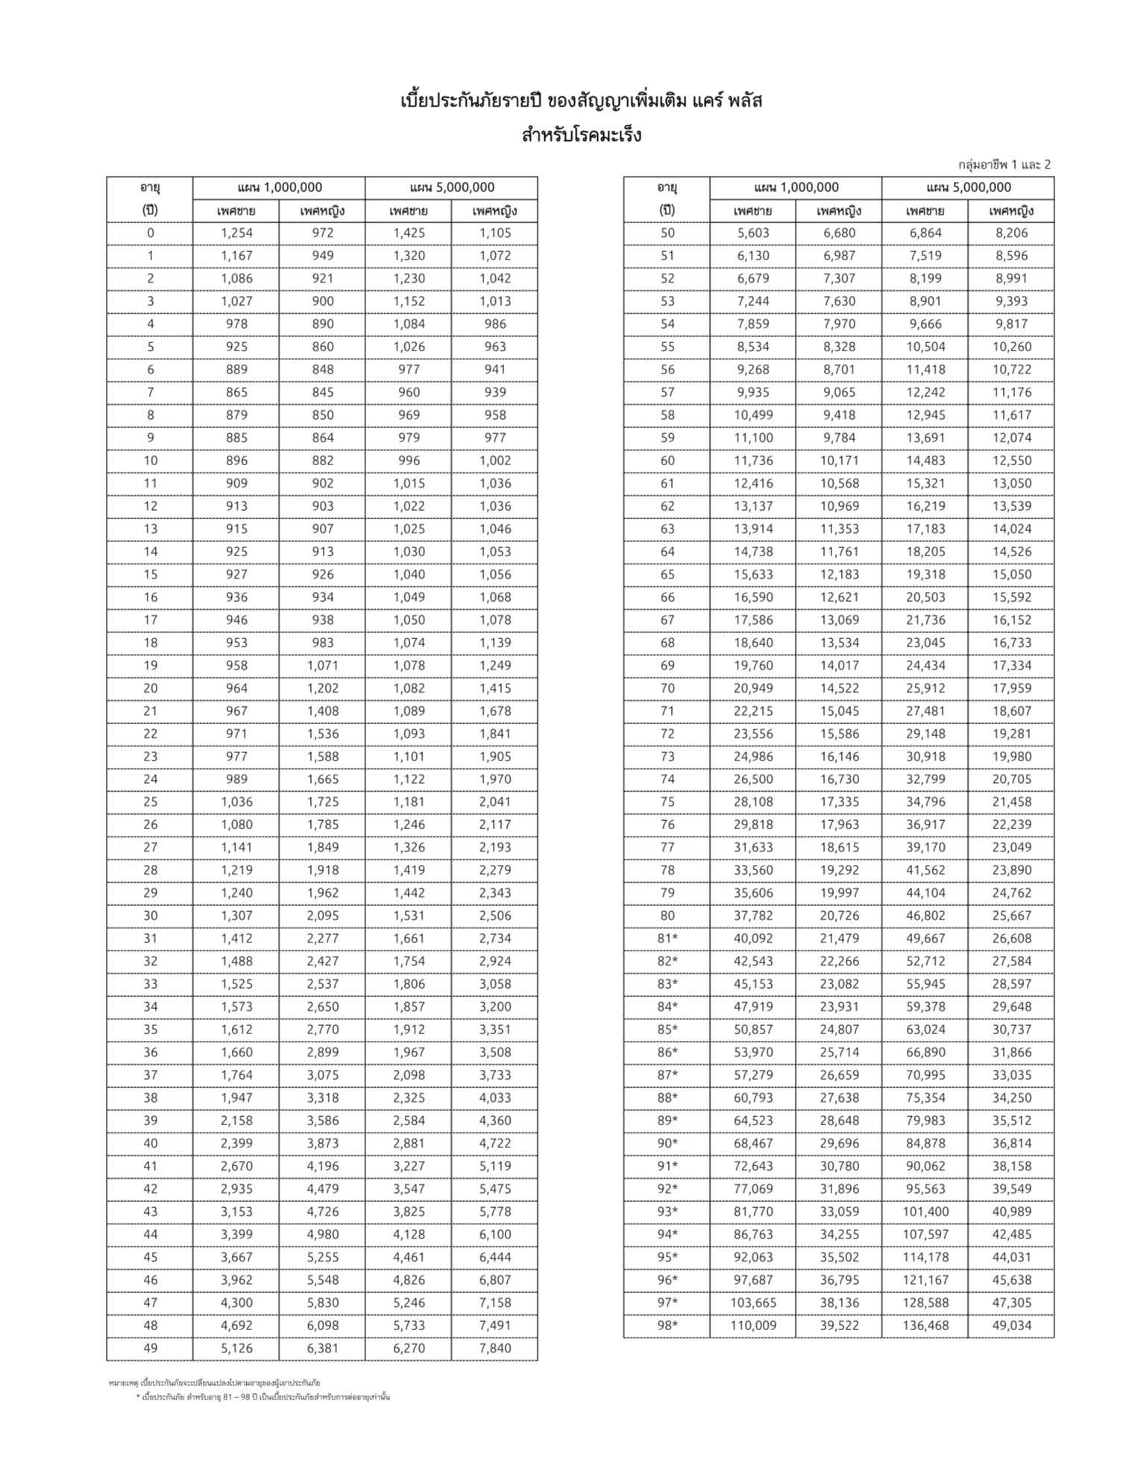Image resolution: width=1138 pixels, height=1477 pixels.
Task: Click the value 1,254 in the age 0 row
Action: point(236,233)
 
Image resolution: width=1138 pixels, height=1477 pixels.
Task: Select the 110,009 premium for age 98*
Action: point(752,1326)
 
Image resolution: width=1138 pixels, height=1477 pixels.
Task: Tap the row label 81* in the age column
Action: point(667,939)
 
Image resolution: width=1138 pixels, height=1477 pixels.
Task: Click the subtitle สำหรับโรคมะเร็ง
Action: point(582,136)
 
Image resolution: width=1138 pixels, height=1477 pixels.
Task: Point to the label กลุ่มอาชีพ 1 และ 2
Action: point(1005,165)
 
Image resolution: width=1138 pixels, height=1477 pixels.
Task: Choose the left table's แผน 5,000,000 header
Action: point(451,188)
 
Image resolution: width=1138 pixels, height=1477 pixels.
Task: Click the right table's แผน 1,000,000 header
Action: point(796,188)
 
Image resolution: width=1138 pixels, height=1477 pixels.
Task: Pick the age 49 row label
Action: point(150,1349)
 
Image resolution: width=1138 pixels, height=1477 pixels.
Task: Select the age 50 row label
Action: point(667,233)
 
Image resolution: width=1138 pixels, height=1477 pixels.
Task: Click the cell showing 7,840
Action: point(494,1349)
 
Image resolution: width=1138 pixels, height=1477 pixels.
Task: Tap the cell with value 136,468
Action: point(925,1326)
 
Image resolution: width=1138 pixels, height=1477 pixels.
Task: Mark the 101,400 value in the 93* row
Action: point(925,1212)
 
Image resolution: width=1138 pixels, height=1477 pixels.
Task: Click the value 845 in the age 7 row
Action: point(322,392)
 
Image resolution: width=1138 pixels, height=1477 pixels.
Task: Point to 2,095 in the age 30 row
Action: point(322,916)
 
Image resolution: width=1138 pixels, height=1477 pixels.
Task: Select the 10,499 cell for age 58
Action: point(752,415)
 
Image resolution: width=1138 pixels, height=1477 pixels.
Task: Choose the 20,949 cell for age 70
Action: point(752,688)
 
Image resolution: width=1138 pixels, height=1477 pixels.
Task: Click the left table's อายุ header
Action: point(150,188)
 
